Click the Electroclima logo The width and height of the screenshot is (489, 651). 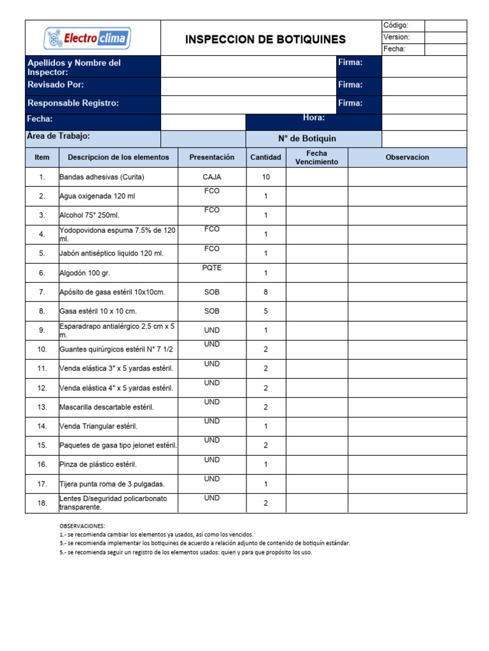pyautogui.click(x=87, y=39)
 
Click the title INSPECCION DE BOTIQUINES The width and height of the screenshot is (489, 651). pyautogui.click(x=266, y=39)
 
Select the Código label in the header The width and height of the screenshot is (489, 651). pyautogui.click(x=395, y=25)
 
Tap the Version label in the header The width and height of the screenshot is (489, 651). pyautogui.click(x=396, y=38)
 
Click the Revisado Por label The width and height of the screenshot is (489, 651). pyautogui.click(x=55, y=85)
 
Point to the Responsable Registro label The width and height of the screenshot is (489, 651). pyautogui.click(x=73, y=103)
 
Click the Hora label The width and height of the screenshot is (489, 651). pyautogui.click(x=314, y=118)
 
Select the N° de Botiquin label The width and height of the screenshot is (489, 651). pyautogui.click(x=307, y=139)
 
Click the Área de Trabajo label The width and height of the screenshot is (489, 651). pyautogui.click(x=58, y=136)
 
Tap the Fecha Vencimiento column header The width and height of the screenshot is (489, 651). pyautogui.click(x=316, y=158)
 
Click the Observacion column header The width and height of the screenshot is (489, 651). pyautogui.click(x=407, y=157)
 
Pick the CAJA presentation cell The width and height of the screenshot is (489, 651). pyautogui.click(x=212, y=177)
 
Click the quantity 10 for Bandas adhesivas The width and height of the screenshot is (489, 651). pyautogui.click(x=266, y=177)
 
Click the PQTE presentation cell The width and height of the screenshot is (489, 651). pyautogui.click(x=212, y=268)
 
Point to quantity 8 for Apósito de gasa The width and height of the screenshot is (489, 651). pyautogui.click(x=266, y=292)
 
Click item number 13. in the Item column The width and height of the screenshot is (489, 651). pyautogui.click(x=42, y=407)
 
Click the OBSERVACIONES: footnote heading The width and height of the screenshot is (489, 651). pyautogui.click(x=82, y=526)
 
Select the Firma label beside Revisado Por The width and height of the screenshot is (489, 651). pyautogui.click(x=350, y=85)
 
